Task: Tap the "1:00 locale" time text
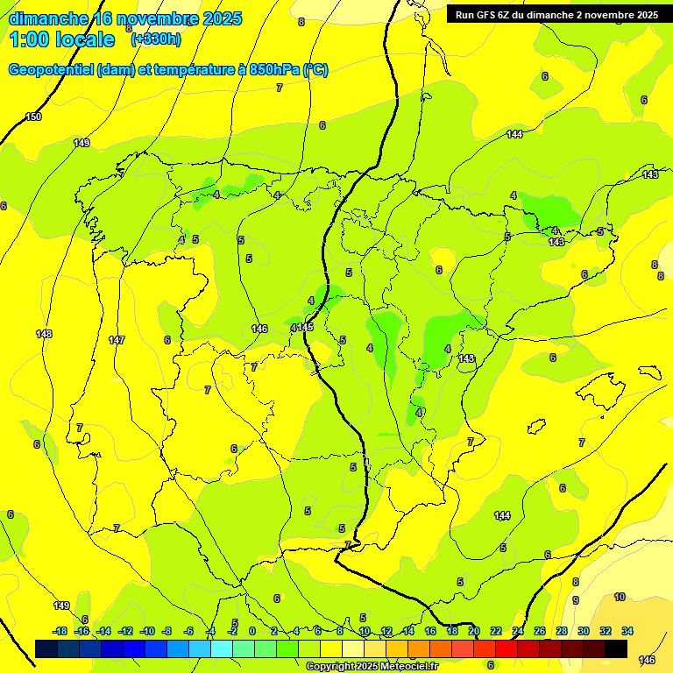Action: [x=62, y=39]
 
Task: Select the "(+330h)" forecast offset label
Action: [x=156, y=39]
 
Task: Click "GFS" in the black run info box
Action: [x=484, y=15]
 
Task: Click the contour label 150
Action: [x=33, y=117]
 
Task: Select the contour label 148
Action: [x=44, y=334]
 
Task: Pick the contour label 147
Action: [x=117, y=340]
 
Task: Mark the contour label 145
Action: [x=305, y=327]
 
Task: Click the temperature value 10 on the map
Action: [x=620, y=597]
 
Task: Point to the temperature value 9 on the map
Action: [x=576, y=600]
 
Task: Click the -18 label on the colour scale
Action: [x=60, y=631]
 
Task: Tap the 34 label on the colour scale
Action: [x=627, y=631]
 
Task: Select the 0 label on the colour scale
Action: [x=252, y=631]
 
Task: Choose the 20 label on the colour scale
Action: [x=474, y=631]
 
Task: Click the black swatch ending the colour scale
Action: [x=616, y=648]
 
